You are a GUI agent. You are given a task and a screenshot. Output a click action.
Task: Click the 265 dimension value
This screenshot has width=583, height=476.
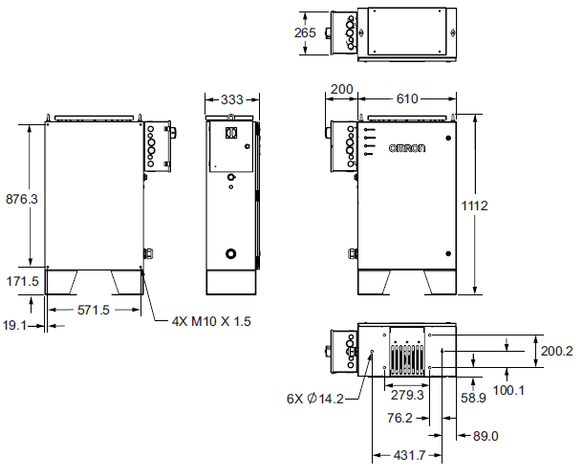click(306, 32)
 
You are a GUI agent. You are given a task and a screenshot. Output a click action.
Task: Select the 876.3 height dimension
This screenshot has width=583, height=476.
click(22, 199)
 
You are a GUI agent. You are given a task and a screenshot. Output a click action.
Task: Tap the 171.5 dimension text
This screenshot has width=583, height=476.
click(22, 282)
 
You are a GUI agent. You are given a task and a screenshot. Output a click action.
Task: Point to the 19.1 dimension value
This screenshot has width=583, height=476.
click(16, 325)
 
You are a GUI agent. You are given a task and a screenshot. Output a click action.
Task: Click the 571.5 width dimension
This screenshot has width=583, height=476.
click(95, 311)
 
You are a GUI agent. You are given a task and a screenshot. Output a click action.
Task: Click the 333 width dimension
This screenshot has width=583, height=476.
click(231, 99)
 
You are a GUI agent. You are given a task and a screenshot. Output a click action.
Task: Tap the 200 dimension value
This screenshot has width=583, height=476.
click(341, 90)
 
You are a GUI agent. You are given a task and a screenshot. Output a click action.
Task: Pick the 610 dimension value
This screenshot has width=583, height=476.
click(407, 99)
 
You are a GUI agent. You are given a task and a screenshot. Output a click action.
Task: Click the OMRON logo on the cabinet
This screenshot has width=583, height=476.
click(405, 149)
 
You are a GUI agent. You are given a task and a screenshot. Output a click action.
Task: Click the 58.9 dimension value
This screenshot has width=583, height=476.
click(473, 397)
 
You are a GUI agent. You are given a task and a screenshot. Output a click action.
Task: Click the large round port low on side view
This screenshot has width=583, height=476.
click(230, 254)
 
